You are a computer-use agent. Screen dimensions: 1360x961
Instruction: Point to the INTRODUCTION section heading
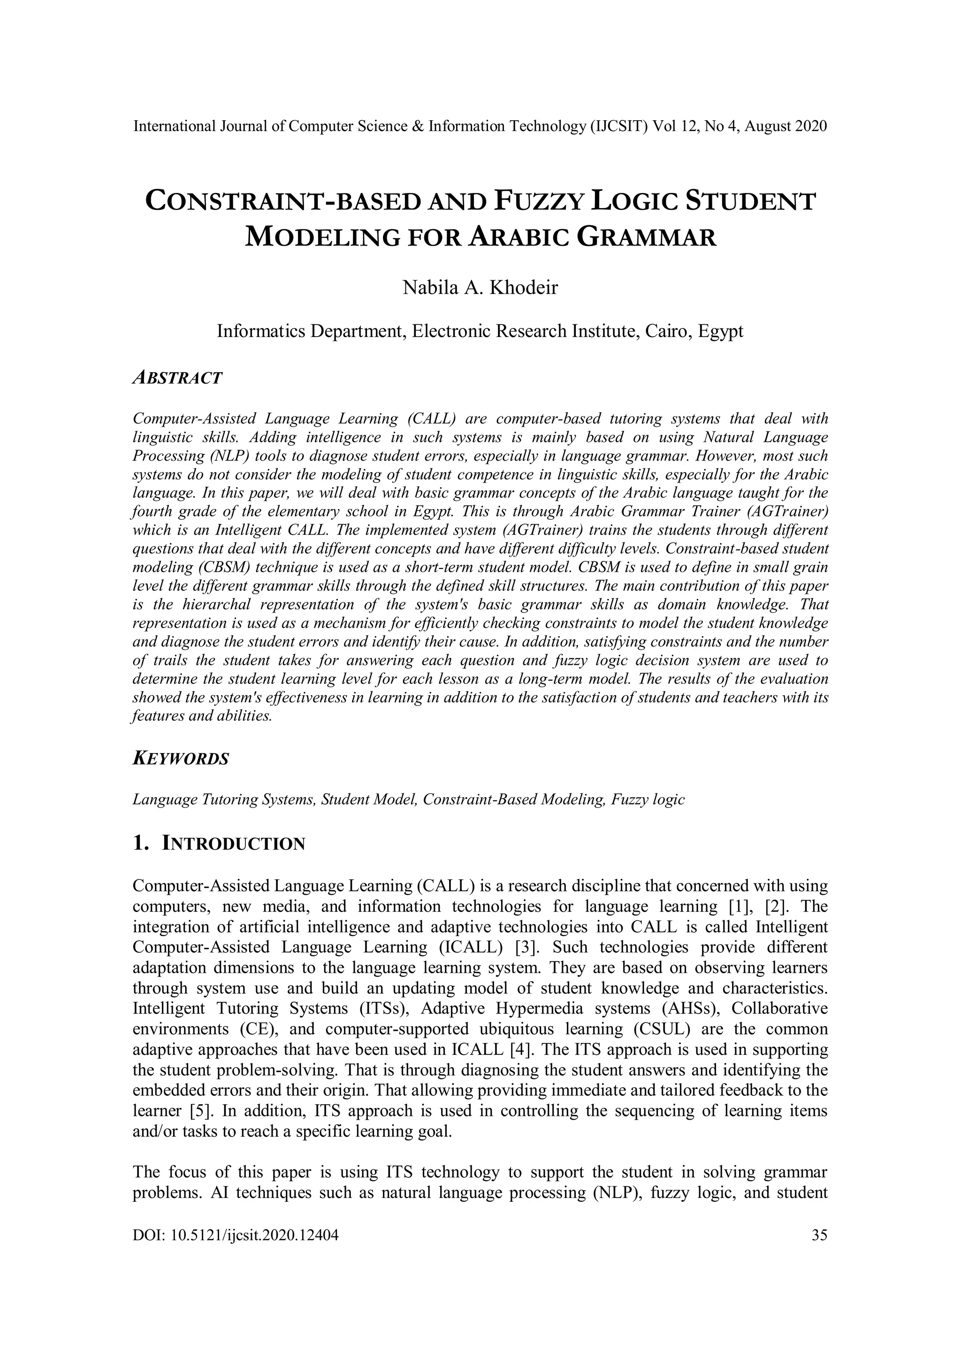pos(233,844)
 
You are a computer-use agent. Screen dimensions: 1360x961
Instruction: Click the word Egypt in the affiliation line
pos(720,330)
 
